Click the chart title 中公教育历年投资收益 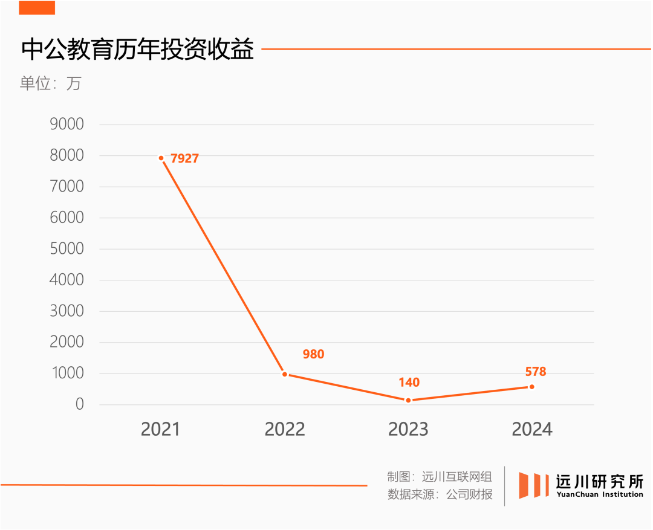pyautogui.click(x=137, y=50)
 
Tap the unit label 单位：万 pyautogui.click(x=50, y=83)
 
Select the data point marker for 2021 pyautogui.click(x=161, y=158)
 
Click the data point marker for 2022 pyautogui.click(x=285, y=374)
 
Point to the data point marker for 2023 pyautogui.click(x=408, y=400)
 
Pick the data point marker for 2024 pyautogui.click(x=531, y=387)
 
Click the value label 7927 pyautogui.click(x=184, y=159)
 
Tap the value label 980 pyautogui.click(x=313, y=354)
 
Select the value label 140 pyautogui.click(x=409, y=383)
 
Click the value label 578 pyautogui.click(x=536, y=372)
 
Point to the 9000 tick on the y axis pyautogui.click(x=66, y=124)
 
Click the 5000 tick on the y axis pyautogui.click(x=66, y=249)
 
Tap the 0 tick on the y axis pyautogui.click(x=79, y=404)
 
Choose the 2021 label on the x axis pyautogui.click(x=161, y=429)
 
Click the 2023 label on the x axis pyautogui.click(x=408, y=429)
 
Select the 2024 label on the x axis pyautogui.click(x=532, y=429)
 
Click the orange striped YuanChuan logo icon pyautogui.click(x=533, y=485)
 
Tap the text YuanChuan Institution pyautogui.click(x=600, y=494)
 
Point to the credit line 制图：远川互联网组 pyautogui.click(x=440, y=477)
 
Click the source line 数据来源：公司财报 pyautogui.click(x=440, y=494)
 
